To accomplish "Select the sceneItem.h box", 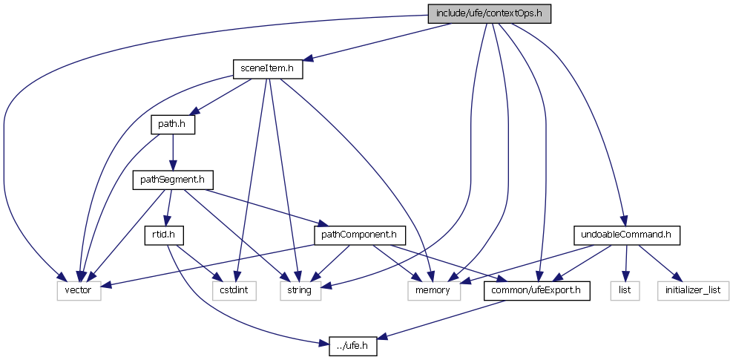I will [268, 69].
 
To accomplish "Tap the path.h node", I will [173, 125].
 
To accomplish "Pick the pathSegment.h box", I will [173, 180].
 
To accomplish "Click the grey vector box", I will [78, 290].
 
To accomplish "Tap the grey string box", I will [300, 290].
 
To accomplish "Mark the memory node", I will [433, 290].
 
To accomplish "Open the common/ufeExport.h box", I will [537, 290].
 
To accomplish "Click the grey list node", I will [625, 290].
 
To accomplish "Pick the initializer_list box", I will [692, 290].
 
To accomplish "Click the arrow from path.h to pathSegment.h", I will [173, 152].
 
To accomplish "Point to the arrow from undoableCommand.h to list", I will [626, 263].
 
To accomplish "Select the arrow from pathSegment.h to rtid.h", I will [168, 208].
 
